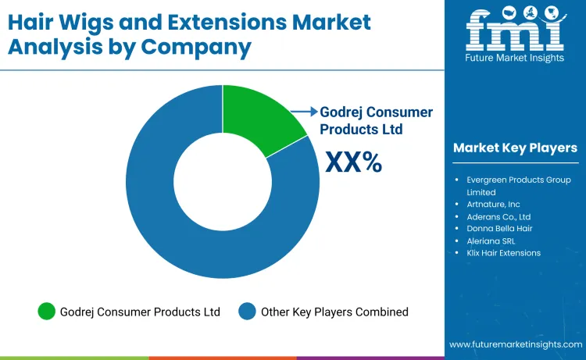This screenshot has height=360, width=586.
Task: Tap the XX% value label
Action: pos(353,162)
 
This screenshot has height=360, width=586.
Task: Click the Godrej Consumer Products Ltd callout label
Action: pos(376,120)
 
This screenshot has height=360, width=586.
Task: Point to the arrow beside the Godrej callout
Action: pos(307,112)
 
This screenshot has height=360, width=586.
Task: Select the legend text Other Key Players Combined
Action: pos(334,312)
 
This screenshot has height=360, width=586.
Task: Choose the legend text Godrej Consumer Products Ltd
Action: pos(140,312)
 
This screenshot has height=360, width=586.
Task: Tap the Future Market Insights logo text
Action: pos(515,59)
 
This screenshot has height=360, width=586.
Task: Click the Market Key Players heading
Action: pos(515,148)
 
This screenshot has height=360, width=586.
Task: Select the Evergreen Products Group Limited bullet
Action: pos(519,186)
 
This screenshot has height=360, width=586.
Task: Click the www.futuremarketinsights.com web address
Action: pos(515,344)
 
